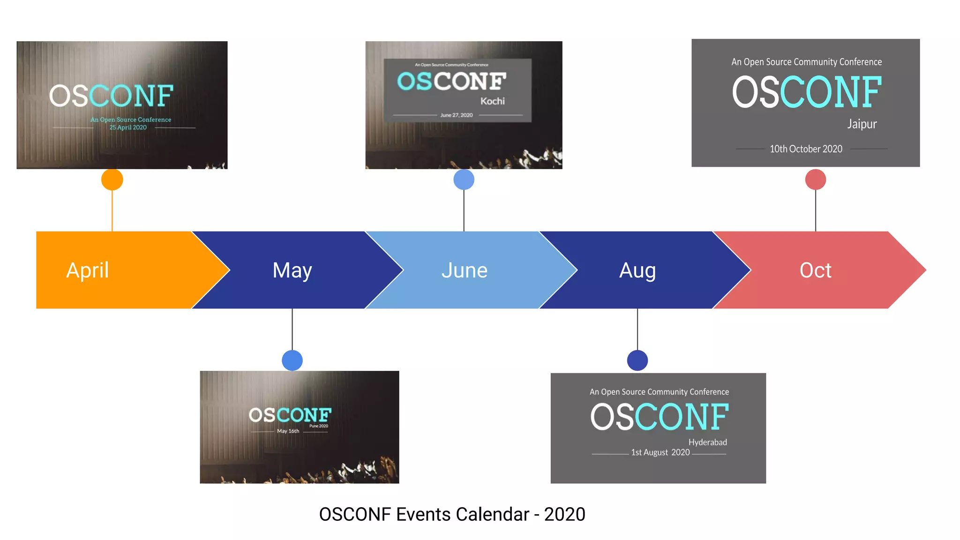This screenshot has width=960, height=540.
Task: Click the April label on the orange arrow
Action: [88, 270]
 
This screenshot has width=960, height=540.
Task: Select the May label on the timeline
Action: [292, 270]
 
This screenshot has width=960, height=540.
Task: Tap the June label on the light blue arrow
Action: [464, 270]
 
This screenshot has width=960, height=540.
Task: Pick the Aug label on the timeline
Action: [637, 270]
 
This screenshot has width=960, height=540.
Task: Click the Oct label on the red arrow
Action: [815, 270]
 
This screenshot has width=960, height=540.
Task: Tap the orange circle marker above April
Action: [112, 180]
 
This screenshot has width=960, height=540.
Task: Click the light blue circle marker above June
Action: [464, 180]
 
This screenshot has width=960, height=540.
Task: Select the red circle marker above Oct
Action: [815, 180]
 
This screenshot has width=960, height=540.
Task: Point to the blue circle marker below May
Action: [292, 360]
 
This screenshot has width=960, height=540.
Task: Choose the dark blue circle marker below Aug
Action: [637, 360]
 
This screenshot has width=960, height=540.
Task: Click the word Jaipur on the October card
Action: [862, 124]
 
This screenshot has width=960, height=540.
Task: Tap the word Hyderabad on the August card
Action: [707, 442]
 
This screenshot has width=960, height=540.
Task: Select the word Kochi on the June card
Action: [492, 101]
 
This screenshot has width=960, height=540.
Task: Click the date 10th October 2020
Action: [806, 149]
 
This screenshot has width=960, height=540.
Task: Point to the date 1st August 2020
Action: [660, 452]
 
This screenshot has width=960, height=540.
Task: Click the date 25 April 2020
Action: [128, 127]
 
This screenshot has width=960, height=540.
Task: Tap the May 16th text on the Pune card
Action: [288, 431]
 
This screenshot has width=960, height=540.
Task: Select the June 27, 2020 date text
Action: [456, 115]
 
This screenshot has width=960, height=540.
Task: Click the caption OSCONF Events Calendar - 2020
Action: [452, 514]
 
